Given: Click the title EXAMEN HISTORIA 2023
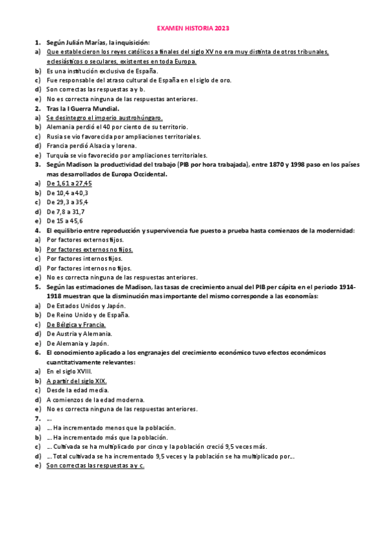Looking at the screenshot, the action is click(193, 29).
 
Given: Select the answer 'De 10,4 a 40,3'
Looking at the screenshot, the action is click(68, 193).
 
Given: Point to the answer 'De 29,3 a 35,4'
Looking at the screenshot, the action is click(67, 202).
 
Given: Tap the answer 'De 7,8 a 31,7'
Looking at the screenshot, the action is click(66, 211).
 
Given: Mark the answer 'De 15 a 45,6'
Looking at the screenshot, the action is click(64, 221).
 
